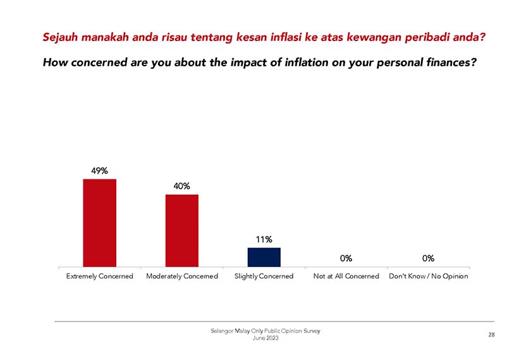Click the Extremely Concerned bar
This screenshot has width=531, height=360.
pyautogui.click(x=99, y=222)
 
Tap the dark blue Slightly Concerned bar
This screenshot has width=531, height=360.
pyautogui.click(x=264, y=257)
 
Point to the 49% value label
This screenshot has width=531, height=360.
pyautogui.click(x=99, y=171)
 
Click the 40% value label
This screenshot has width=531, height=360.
pyautogui.click(x=181, y=186)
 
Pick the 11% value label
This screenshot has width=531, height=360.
pyautogui.click(x=264, y=239)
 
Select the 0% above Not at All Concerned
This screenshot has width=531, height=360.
pyautogui.click(x=346, y=258)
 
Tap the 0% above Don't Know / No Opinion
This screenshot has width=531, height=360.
pyautogui.click(x=428, y=258)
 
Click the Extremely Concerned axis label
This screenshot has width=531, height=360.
pyautogui.click(x=99, y=276)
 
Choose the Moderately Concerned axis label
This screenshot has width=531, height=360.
pyautogui.click(x=181, y=276)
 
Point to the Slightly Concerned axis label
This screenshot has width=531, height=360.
pyautogui.click(x=264, y=276)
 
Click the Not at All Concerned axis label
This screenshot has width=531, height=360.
pyautogui.click(x=346, y=276)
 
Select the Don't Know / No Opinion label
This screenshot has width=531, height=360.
pyautogui.click(x=428, y=276)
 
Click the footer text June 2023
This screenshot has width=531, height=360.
pyautogui.click(x=265, y=339)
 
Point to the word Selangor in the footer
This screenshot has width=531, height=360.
pyautogui.click(x=223, y=331)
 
